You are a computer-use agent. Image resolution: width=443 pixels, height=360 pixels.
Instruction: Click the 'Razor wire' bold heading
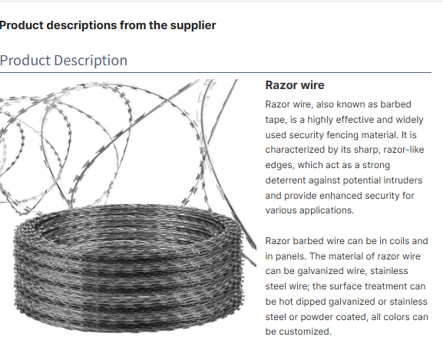295,85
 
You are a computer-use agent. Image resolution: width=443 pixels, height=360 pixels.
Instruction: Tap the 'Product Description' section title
64,61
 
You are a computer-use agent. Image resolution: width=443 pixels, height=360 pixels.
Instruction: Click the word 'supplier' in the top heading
193,25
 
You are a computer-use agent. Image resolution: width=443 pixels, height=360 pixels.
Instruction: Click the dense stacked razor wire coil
128,268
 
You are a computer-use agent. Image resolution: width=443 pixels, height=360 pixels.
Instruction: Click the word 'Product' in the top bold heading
21,25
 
